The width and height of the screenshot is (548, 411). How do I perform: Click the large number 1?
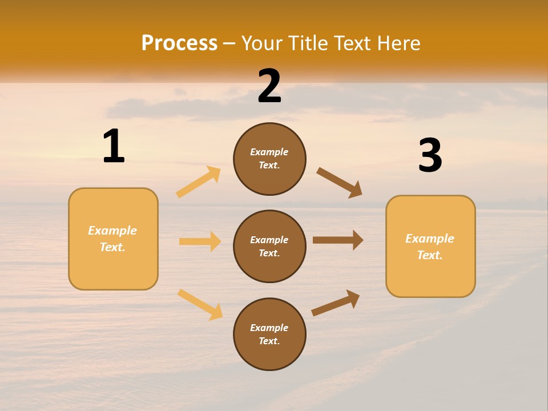[x=114, y=146]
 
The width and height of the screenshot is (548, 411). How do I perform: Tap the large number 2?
[x=269, y=86]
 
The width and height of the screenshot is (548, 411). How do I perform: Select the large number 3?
[x=430, y=155]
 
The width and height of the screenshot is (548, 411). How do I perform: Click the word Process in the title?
[x=179, y=43]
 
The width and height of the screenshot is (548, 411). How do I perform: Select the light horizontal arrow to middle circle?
[x=200, y=241]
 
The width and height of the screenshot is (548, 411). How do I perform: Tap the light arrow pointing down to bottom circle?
[x=200, y=304]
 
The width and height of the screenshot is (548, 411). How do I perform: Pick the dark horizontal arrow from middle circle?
[x=338, y=240]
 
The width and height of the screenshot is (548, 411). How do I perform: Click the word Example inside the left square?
[x=112, y=231]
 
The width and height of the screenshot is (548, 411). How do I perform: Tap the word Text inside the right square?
[x=429, y=255]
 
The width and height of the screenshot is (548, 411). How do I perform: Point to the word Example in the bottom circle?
[x=269, y=328]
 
